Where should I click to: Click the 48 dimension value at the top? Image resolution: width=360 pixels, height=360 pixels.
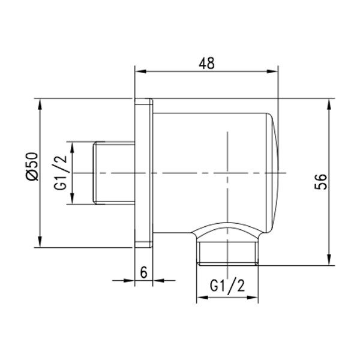click(x=207, y=62)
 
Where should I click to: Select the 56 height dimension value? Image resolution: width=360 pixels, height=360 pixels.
click(x=321, y=181)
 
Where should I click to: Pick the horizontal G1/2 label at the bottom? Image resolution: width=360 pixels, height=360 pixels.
click(x=227, y=286)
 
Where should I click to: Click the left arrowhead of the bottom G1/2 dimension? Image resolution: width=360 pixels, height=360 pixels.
click(x=200, y=298)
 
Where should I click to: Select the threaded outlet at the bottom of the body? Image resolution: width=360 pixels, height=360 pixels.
click(x=228, y=253)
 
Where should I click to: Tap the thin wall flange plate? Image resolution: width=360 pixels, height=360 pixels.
click(x=143, y=173)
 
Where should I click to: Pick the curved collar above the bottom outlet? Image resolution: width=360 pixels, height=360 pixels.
click(x=228, y=232)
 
